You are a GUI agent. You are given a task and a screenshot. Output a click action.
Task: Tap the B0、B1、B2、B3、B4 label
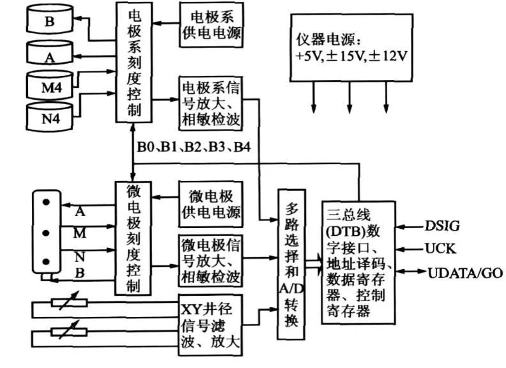(x=194, y=147)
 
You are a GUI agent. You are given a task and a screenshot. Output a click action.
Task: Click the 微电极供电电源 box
(x=211, y=204)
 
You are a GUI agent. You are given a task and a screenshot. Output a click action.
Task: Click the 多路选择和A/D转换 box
(x=291, y=264)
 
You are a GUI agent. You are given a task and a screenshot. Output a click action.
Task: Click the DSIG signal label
(x=443, y=226)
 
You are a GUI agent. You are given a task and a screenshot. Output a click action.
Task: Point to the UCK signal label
(x=440, y=249)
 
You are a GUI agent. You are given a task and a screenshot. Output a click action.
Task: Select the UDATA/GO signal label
(x=464, y=273)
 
